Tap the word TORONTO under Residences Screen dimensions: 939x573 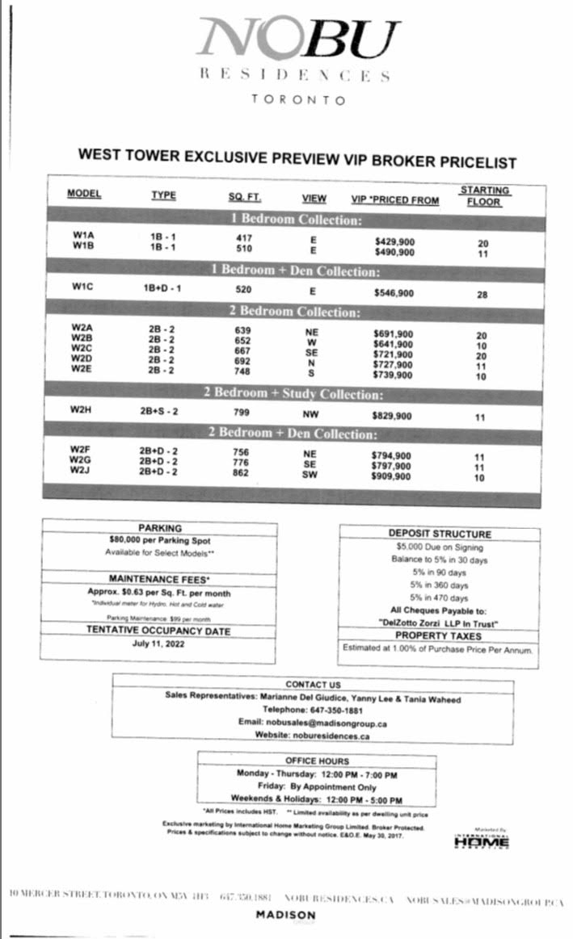point(298,100)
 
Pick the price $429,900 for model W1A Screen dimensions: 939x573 point(394,241)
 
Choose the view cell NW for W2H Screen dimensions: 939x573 point(311,414)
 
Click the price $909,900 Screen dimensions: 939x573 point(392,476)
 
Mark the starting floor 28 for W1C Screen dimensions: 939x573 point(482,295)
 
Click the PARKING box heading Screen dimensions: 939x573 point(159,528)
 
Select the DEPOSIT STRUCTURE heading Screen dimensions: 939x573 point(439,534)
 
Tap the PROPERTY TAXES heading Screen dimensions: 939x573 point(439,636)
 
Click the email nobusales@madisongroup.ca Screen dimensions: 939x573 point(313,723)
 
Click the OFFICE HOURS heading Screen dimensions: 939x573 point(317,761)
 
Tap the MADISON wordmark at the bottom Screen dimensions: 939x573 point(286,914)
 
